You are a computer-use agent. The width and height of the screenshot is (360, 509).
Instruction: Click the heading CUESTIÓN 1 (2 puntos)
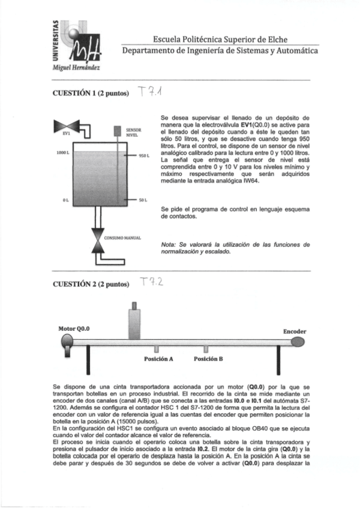[x=91, y=95]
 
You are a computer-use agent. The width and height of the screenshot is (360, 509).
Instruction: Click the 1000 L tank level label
[x=62, y=153]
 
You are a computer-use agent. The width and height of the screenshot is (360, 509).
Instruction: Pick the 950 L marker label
[x=143, y=155]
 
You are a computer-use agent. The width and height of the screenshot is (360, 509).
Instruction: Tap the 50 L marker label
[x=143, y=199]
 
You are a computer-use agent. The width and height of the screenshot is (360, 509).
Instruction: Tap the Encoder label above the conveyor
[x=295, y=331]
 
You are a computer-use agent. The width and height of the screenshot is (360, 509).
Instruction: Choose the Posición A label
[x=158, y=359]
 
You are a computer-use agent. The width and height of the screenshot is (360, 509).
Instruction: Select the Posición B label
[x=208, y=359]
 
